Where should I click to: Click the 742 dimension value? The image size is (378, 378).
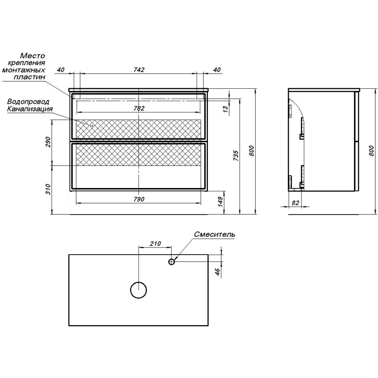pyautogui.click(x=139, y=69)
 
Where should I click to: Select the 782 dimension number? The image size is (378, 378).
pyautogui.click(x=139, y=108)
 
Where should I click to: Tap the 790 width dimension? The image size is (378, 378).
pyautogui.click(x=139, y=199)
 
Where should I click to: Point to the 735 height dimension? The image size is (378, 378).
pyautogui.click(x=236, y=156)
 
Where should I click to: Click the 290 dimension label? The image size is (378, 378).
pyautogui.click(x=48, y=142)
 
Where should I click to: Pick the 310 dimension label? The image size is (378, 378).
pyautogui.click(x=48, y=189)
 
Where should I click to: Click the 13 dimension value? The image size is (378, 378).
pyautogui.click(x=225, y=109)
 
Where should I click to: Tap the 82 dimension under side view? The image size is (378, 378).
pyautogui.click(x=295, y=203)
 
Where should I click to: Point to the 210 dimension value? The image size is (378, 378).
pyautogui.click(x=155, y=244)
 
